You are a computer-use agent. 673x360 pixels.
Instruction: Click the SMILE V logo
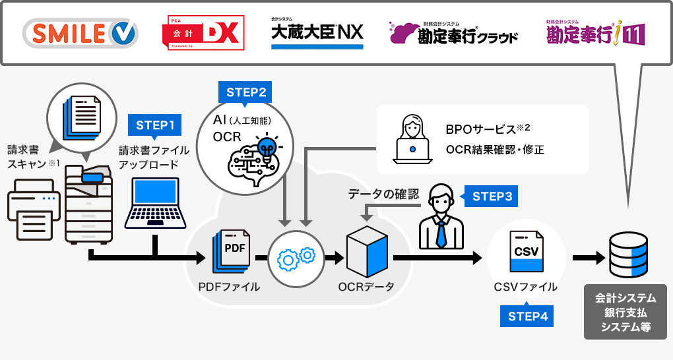click(x=81, y=33)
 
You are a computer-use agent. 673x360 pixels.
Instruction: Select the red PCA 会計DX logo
click(x=203, y=33)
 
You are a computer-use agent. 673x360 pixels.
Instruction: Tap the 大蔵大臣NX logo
click(x=317, y=32)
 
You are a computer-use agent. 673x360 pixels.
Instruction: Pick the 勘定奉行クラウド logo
click(x=454, y=34)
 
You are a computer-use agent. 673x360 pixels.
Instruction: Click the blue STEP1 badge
click(x=155, y=125)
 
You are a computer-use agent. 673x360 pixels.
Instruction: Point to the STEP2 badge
click(x=246, y=92)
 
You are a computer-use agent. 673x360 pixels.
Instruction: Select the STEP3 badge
click(x=492, y=196)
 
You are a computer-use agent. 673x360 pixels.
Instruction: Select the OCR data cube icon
click(x=366, y=251)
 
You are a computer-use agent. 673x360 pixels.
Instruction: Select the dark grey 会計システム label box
click(x=625, y=311)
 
